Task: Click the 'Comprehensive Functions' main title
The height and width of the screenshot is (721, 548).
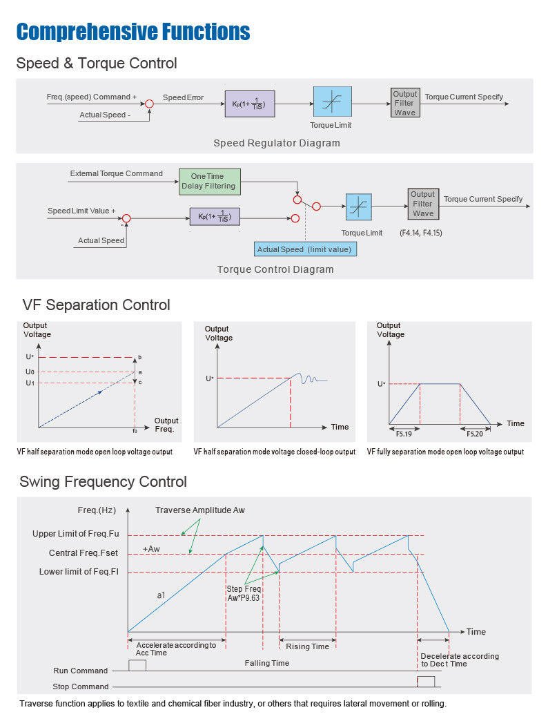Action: pyautogui.click(x=133, y=32)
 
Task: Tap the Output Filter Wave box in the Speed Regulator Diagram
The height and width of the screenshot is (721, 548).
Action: pyautogui.click(x=404, y=104)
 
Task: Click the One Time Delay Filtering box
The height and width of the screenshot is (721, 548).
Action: pyautogui.click(x=208, y=181)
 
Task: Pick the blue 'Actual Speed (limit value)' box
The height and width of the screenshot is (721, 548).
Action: pyautogui.click(x=304, y=249)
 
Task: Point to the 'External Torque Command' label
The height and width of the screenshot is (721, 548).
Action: pyautogui.click(x=116, y=173)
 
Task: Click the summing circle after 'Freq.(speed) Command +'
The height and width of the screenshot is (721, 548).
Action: pyautogui.click(x=149, y=104)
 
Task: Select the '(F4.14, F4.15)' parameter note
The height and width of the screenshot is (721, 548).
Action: pyautogui.click(x=420, y=233)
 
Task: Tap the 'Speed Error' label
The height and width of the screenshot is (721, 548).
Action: pyautogui.click(x=183, y=97)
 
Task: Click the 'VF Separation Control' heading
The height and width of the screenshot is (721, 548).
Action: pyautogui.click(x=96, y=305)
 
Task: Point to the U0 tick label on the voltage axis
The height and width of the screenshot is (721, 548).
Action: pyautogui.click(x=30, y=372)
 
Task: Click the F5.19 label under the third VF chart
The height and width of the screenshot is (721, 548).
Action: pyautogui.click(x=404, y=434)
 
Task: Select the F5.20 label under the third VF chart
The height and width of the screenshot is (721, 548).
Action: pyautogui.click(x=475, y=434)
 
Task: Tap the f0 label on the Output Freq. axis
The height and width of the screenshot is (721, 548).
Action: pyautogui.click(x=135, y=430)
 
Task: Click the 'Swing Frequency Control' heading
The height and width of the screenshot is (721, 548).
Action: pyautogui.click(x=103, y=481)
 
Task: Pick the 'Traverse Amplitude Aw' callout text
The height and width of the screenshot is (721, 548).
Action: pyautogui.click(x=199, y=510)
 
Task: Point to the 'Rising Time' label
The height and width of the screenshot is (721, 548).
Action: pyautogui.click(x=308, y=646)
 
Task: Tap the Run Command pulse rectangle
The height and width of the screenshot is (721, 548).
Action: pyautogui.click(x=137, y=665)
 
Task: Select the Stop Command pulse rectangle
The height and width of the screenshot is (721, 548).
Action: pyautogui.click(x=426, y=682)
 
